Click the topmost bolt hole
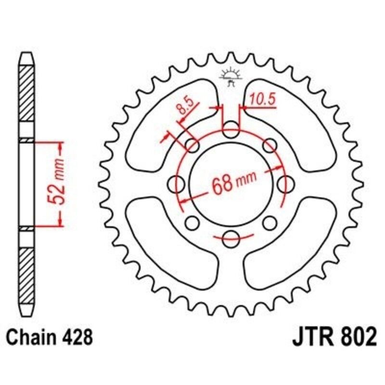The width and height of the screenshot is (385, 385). coord(231,128)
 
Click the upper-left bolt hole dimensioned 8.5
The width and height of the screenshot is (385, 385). coord(192,145)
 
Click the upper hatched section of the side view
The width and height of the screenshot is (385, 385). coord(27,96)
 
